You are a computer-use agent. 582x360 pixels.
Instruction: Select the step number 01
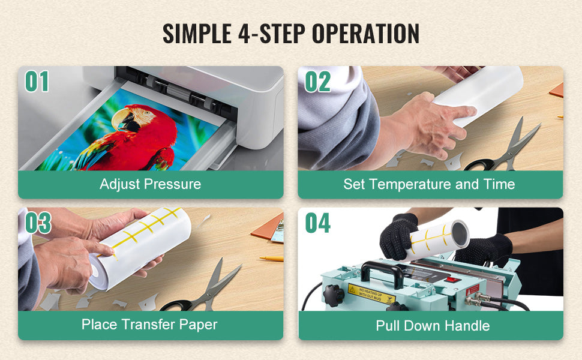click(37, 82)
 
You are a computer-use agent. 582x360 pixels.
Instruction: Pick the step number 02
click(317, 82)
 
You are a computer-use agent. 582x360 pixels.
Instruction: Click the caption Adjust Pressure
click(150, 184)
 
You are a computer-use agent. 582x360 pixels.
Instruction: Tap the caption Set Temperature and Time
click(429, 184)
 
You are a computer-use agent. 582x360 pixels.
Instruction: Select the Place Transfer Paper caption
click(149, 325)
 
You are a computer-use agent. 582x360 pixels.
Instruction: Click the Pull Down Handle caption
click(433, 326)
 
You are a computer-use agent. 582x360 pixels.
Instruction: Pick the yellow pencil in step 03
click(271, 259)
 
